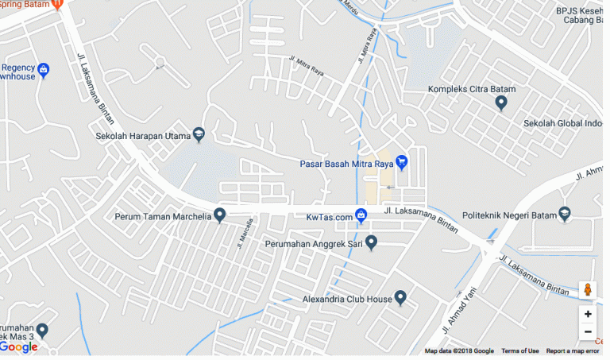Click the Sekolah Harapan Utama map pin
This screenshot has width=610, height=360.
[x=199, y=135]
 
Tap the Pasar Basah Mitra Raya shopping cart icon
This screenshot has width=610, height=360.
[x=402, y=163]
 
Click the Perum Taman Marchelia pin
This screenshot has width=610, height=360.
[x=220, y=215]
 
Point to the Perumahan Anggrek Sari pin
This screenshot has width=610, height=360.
[x=370, y=242]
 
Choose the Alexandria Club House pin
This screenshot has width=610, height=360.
[x=401, y=298]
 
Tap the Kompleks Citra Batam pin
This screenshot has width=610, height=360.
[x=501, y=103]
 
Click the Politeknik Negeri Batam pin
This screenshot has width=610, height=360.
[x=565, y=213]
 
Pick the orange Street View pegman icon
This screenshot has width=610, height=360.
[x=588, y=290]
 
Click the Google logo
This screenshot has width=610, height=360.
[x=19, y=347]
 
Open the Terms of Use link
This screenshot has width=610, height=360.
[x=520, y=351]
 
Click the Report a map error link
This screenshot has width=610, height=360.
[x=573, y=351]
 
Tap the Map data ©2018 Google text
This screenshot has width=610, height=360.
[x=459, y=351]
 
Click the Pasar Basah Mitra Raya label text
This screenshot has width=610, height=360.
[x=346, y=165]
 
